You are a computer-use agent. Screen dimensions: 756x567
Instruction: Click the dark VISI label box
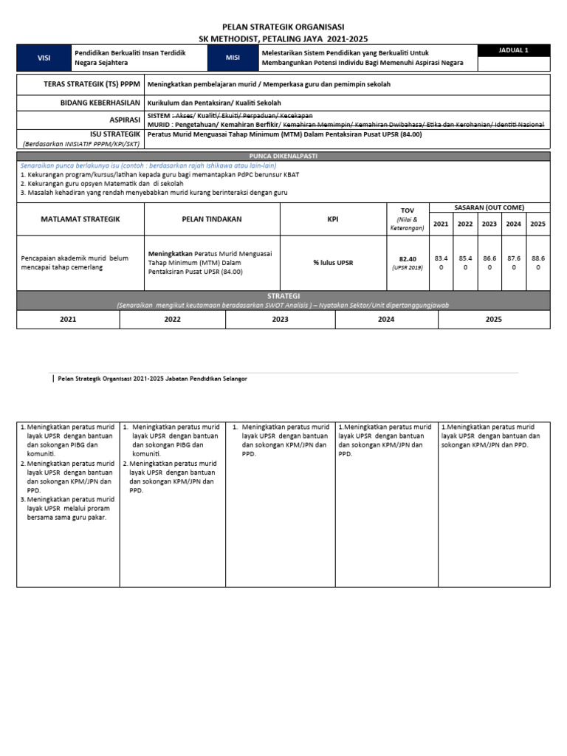coord(44,58)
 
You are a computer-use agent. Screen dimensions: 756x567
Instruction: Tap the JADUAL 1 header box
coord(513,50)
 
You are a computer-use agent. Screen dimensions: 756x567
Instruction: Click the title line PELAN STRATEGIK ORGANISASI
coord(283,27)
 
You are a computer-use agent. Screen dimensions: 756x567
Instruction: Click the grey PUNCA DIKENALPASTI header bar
coord(283,157)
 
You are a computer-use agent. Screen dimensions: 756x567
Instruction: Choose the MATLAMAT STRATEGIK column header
coord(80,219)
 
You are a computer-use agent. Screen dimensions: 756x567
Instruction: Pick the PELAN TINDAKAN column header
coord(212,219)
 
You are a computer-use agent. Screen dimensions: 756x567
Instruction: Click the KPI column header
coord(333,219)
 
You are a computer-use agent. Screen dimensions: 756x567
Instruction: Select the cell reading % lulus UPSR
coord(333,263)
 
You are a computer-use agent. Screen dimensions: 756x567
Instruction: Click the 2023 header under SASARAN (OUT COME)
coord(489,224)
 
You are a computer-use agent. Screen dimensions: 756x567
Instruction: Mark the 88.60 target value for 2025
coord(538,263)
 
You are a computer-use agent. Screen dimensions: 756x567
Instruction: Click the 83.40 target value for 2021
coord(441,263)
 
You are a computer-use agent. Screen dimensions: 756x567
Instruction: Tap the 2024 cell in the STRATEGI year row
coord(386,320)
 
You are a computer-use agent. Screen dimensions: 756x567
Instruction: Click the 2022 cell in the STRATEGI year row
coord(173,320)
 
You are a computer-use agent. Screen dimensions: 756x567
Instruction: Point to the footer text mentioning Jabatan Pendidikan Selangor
coord(152,378)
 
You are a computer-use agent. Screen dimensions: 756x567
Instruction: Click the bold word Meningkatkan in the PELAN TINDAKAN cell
coord(171,253)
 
